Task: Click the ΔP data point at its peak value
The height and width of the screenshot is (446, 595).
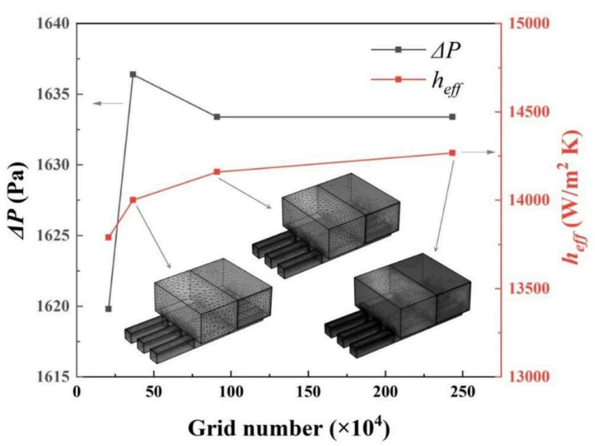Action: (133, 74)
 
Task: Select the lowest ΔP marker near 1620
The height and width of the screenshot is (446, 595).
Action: (108, 309)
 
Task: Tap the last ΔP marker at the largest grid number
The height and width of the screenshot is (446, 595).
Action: (452, 117)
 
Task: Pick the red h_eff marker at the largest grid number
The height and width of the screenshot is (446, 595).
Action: (452, 153)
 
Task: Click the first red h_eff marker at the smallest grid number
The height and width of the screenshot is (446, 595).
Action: (108, 237)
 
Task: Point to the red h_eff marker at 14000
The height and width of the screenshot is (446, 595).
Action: (133, 200)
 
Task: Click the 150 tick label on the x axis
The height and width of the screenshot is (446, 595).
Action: (308, 392)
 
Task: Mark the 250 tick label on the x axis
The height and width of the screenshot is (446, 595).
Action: (463, 392)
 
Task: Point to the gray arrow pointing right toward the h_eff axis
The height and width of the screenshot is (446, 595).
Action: (478, 152)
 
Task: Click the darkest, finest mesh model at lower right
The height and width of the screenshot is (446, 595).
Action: (398, 305)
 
